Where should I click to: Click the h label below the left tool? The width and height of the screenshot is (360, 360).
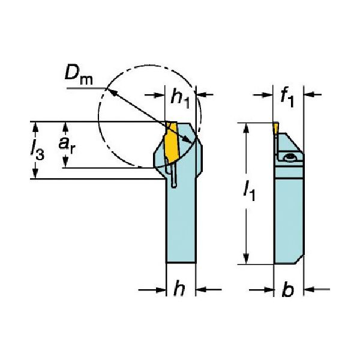coord(178,289)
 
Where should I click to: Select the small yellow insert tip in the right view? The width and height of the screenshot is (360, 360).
coord(274,128)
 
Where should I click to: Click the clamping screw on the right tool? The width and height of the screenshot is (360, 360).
coord(290,157)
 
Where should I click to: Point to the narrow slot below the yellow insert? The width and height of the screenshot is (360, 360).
coord(172,177)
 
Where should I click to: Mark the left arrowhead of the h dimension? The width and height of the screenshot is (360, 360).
coord(161,289)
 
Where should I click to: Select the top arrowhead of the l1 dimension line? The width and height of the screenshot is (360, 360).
coord(245,127)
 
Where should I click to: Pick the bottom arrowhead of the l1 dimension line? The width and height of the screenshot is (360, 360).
coord(245,260)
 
